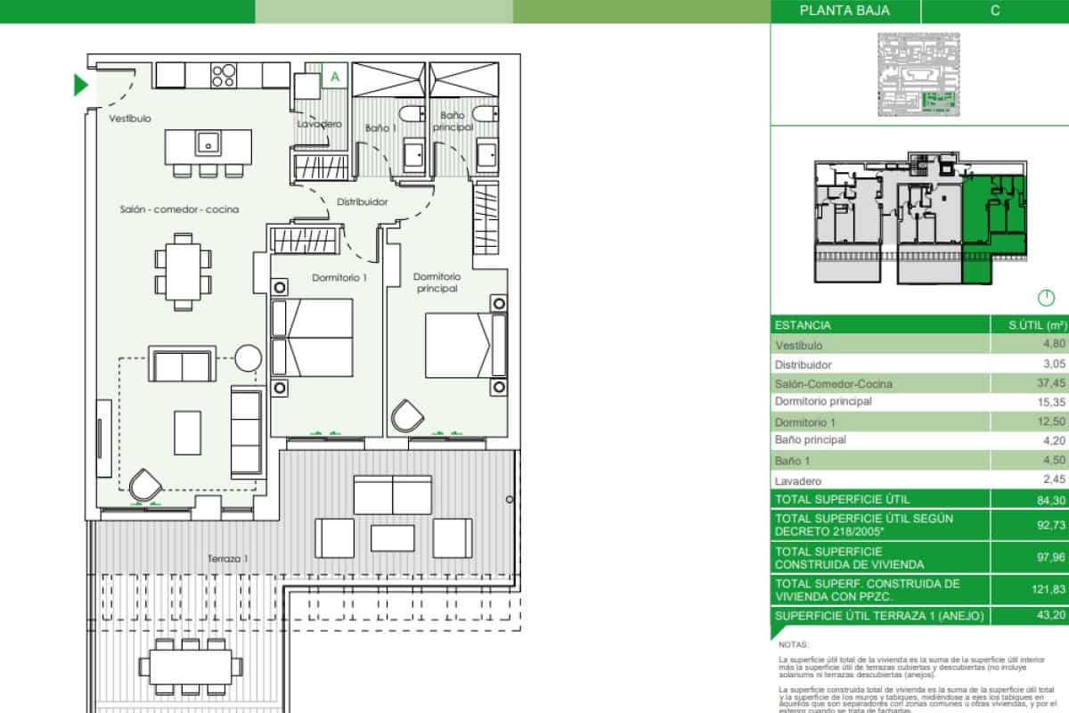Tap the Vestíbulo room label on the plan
tap(130, 119)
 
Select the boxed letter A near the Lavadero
tap(335, 77)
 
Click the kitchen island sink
tap(208, 142)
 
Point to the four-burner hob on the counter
tap(224, 75)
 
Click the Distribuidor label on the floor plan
tap(362, 202)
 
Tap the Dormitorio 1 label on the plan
tap(339, 278)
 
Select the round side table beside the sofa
tap(248, 359)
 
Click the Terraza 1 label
tap(227, 559)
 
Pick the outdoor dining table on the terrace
tap(191, 665)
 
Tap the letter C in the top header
tap(994, 11)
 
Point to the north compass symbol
tap(1046, 299)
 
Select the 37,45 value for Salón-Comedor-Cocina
tap(1051, 383)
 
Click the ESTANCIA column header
tap(804, 325)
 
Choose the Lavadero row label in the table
tap(798, 479)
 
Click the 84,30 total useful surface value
tap(1051, 499)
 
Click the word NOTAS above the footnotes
tap(793, 668)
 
